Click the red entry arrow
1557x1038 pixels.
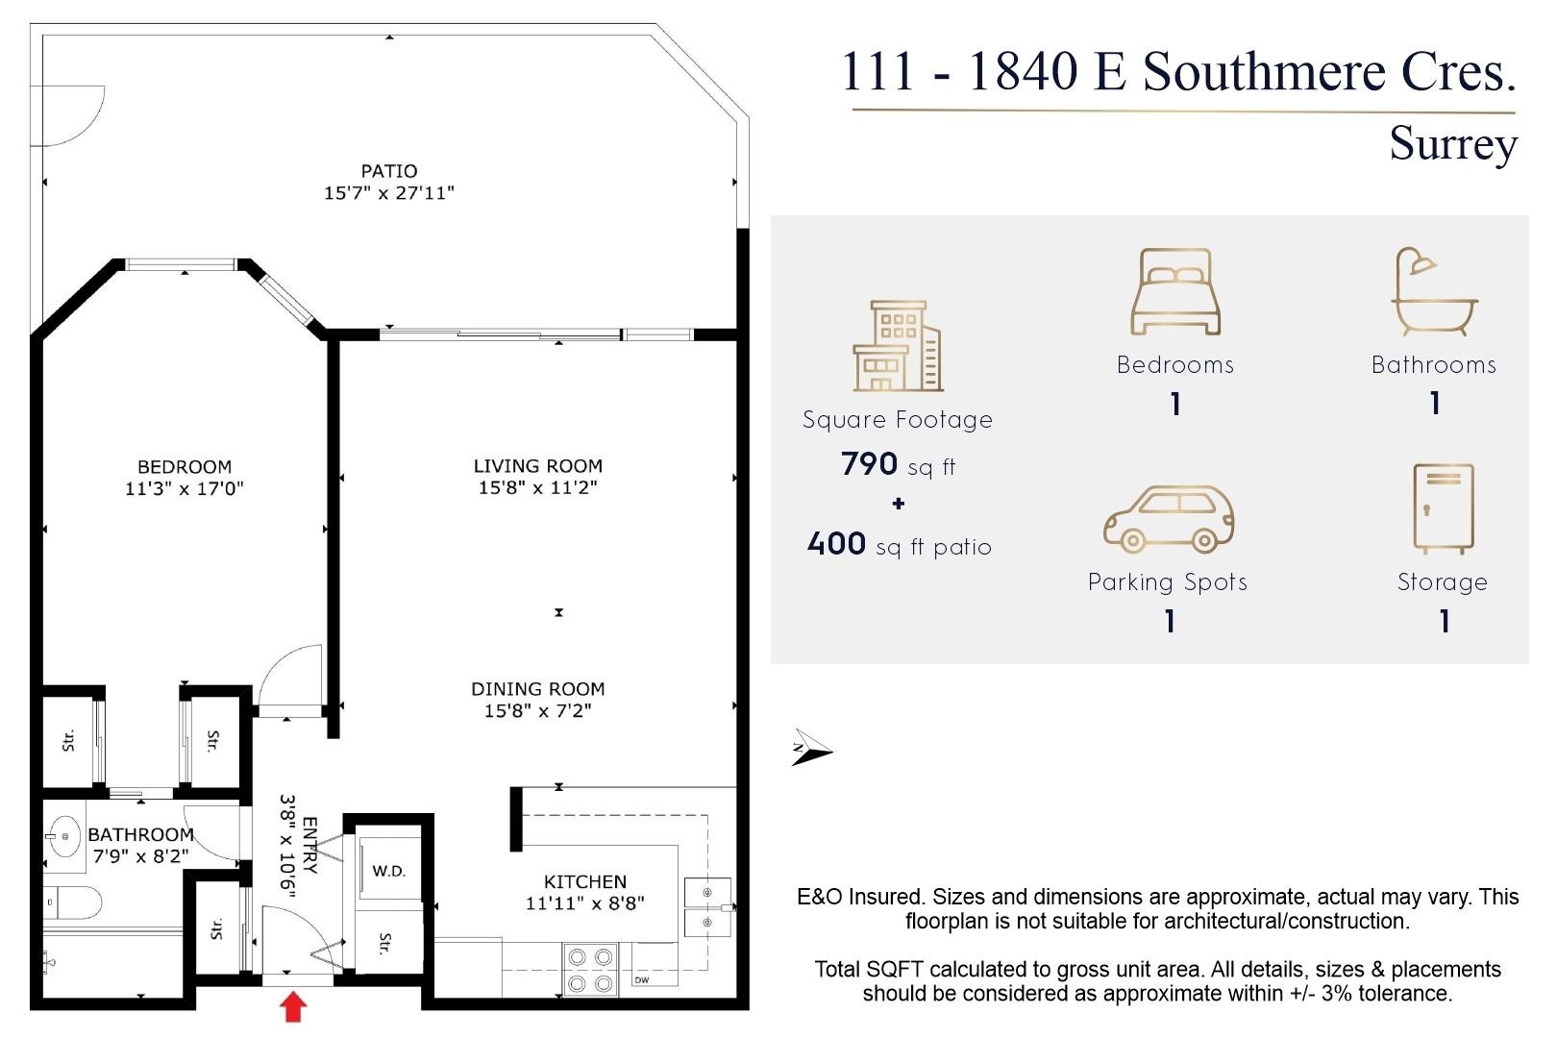pos(293,1006)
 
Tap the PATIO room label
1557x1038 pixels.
pos(389,171)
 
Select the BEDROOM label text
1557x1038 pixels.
pos(185,466)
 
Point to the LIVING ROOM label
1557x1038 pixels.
pos(538,466)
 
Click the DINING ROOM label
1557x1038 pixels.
pos(538,689)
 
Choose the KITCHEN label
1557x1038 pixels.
pos(585,881)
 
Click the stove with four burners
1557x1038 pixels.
pos(590,970)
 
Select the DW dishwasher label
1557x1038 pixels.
pos(642,980)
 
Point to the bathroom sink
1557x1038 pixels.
pos(64,837)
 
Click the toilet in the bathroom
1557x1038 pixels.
pos(72,903)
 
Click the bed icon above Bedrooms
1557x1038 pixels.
pos(1175,292)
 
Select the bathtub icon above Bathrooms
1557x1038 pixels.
pos(1434,292)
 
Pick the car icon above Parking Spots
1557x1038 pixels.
pos(1169,519)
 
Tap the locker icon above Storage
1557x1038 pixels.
pos(1444,508)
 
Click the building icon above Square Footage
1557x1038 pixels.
pos(898,346)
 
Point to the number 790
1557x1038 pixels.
pos(869,463)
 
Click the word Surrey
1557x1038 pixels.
pos(1453,144)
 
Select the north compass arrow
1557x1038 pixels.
pos(812,748)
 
